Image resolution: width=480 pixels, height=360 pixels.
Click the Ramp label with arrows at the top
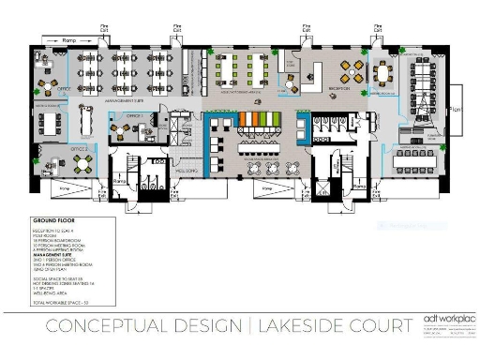point(69,42)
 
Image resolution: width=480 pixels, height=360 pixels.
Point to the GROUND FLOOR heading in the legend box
point(57,223)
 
